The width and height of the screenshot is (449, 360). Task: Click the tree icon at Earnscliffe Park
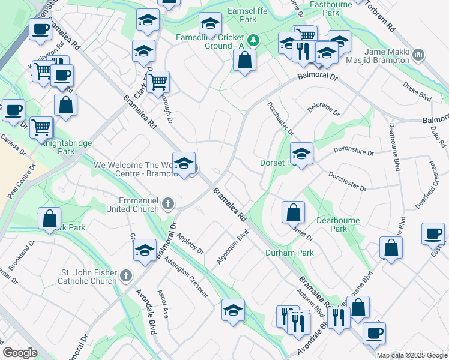[x=254, y=40]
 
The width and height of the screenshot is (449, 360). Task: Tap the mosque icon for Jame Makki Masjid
[x=419, y=56]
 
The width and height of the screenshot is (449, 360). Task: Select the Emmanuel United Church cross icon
[x=168, y=204]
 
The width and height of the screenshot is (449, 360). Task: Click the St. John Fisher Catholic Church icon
[x=125, y=276]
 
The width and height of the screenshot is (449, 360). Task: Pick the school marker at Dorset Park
[x=302, y=153]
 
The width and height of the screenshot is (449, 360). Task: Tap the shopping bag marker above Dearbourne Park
[x=293, y=212]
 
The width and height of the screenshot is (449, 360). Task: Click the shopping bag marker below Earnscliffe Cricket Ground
[x=244, y=60]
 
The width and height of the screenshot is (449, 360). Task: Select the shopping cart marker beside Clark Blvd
[x=158, y=82]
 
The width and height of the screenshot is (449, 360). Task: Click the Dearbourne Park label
[x=338, y=224]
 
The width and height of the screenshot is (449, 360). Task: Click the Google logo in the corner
[x=20, y=353]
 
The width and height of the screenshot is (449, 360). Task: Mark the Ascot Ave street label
[x=162, y=304]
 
